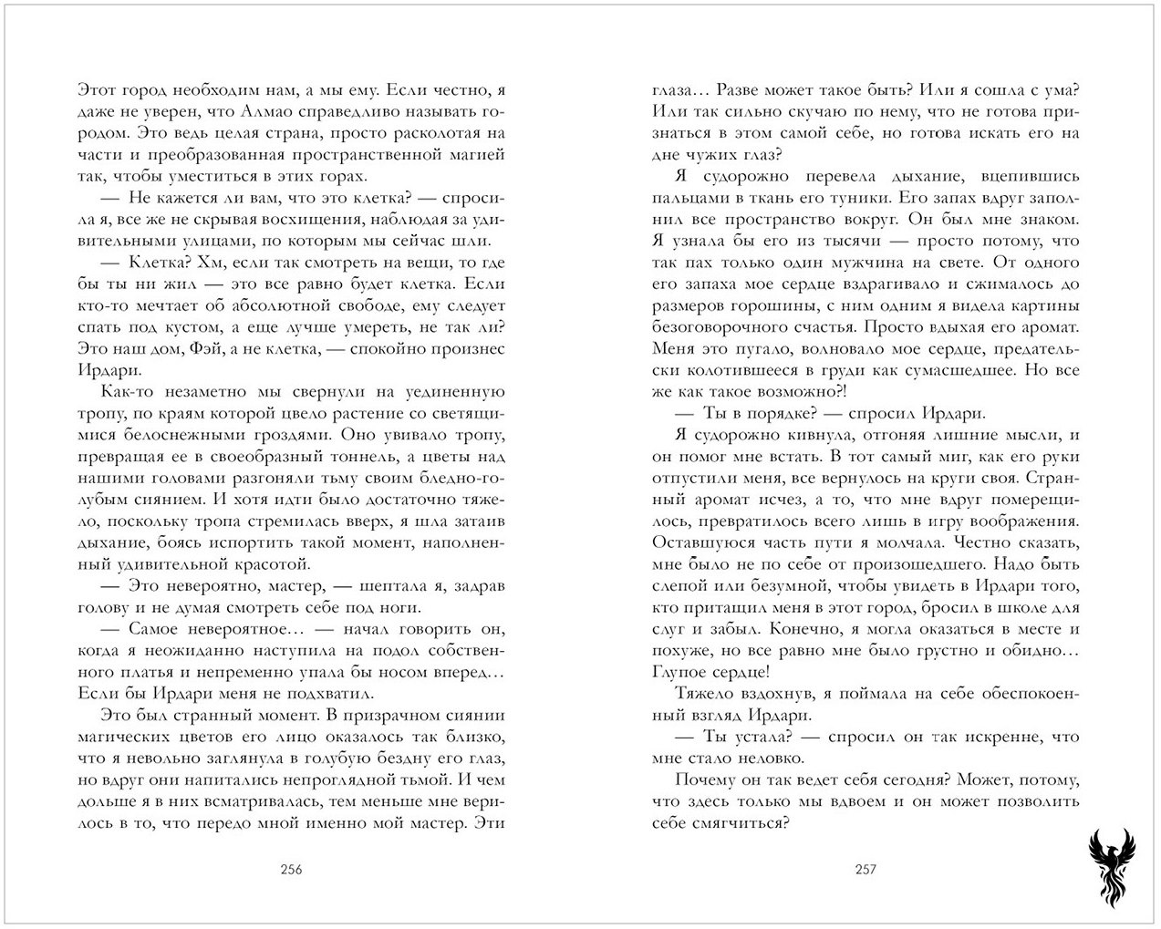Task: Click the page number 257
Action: (x=865, y=869)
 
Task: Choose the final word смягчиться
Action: (x=743, y=822)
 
